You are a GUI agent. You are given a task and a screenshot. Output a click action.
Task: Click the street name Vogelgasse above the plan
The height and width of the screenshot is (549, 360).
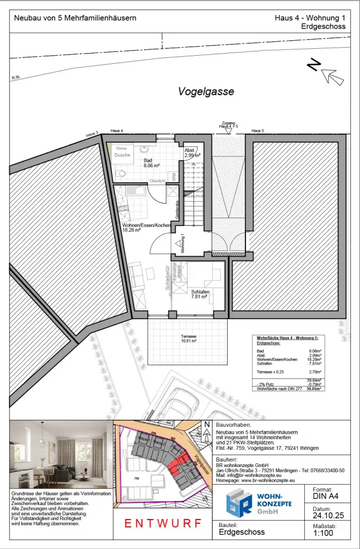point(198,92)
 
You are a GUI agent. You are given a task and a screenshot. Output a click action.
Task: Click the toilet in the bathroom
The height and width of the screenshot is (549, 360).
point(122,173)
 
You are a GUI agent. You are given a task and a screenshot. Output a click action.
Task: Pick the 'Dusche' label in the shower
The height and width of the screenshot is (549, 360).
point(122,155)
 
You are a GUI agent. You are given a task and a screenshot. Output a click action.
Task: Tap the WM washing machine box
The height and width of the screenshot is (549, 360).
point(173,176)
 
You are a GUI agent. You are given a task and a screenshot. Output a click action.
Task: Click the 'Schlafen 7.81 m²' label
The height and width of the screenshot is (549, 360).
point(199,294)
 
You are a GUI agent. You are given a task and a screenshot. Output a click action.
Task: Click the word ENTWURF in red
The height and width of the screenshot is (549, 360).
point(163,523)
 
